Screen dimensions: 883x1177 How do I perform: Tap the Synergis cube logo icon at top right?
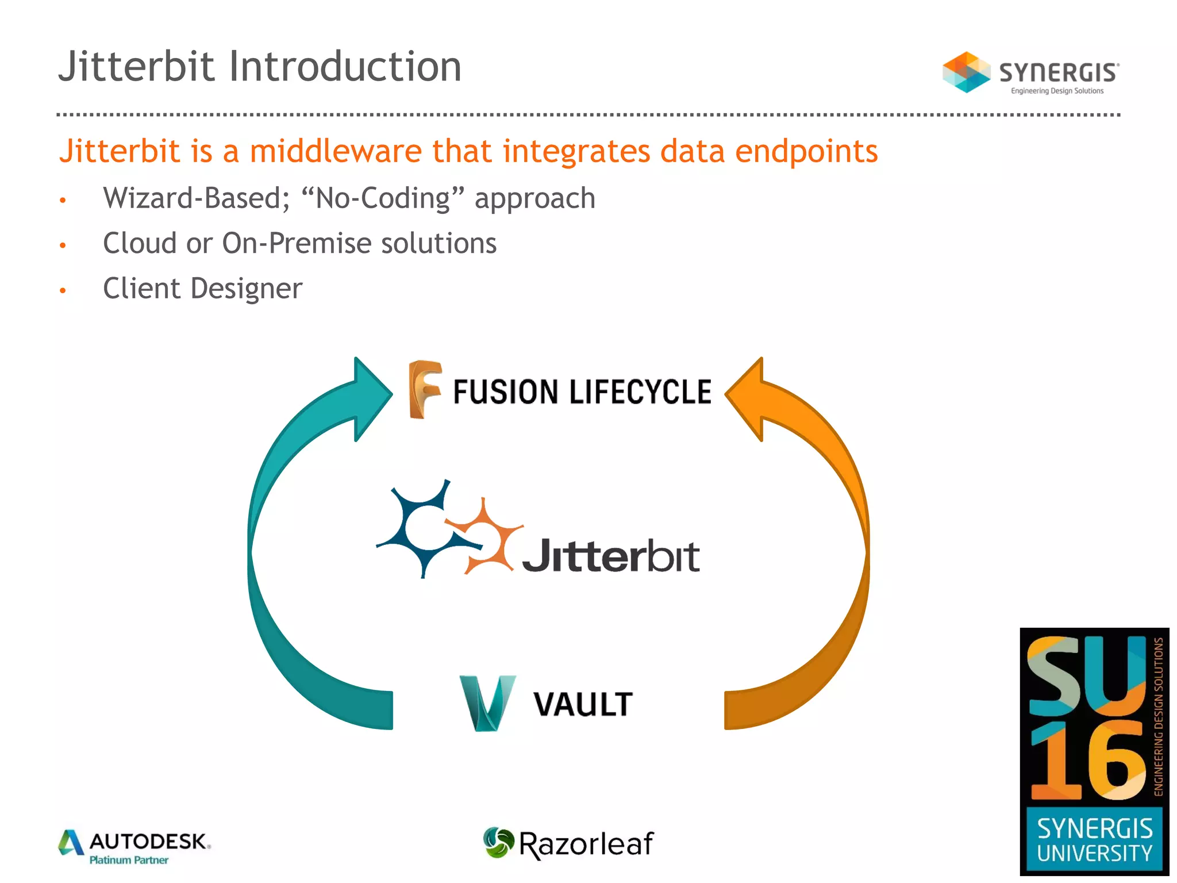[966, 72]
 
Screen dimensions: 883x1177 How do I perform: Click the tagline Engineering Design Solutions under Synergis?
[1057, 91]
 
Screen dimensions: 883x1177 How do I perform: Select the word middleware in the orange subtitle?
[336, 151]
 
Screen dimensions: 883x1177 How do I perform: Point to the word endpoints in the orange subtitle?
[806, 151]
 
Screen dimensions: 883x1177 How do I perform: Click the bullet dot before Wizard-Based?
[63, 201]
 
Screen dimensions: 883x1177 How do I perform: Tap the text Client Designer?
[202, 289]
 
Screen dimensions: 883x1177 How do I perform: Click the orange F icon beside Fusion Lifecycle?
[424, 389]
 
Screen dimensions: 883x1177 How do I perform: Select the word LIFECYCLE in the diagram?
[640, 392]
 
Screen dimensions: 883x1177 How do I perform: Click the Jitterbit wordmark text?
[610, 556]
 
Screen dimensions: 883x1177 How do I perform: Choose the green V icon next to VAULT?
[487, 702]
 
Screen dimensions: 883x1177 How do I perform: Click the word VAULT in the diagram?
[583, 704]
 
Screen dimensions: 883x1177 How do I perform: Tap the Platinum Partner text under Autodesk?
[129, 860]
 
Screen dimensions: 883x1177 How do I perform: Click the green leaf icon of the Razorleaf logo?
[498, 843]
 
